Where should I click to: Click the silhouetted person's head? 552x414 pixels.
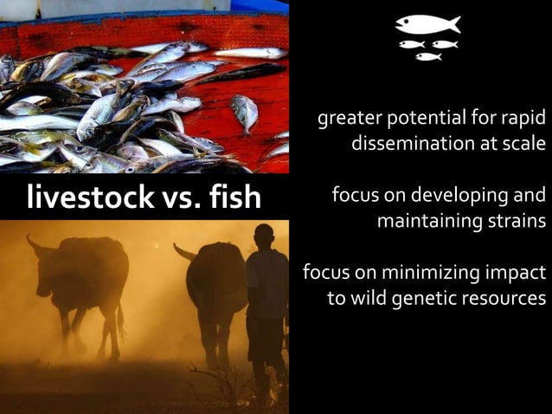(x=264, y=236)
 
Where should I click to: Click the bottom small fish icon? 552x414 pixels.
(x=427, y=57)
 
